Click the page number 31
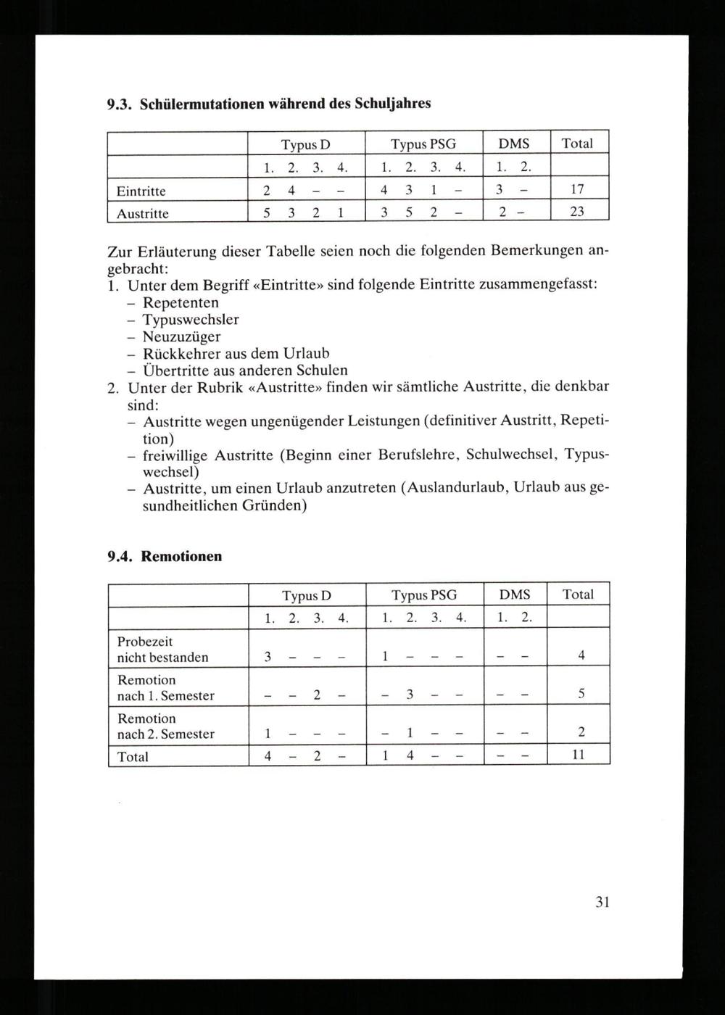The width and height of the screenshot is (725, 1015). (x=602, y=902)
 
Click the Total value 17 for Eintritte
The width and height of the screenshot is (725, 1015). (x=577, y=191)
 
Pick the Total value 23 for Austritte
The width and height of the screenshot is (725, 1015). (x=577, y=213)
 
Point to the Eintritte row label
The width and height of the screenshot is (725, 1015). (x=141, y=191)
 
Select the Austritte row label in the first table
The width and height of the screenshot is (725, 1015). (x=143, y=214)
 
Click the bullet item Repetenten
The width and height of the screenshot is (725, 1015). (x=181, y=302)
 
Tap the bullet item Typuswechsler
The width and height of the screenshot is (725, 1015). (x=191, y=320)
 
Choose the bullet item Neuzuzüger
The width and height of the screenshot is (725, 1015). (x=182, y=337)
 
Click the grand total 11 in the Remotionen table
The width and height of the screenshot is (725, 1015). (x=579, y=755)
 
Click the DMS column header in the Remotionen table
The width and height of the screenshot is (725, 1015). (x=515, y=594)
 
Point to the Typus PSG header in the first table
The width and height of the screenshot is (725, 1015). (x=423, y=144)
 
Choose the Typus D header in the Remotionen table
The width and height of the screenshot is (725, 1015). (x=307, y=595)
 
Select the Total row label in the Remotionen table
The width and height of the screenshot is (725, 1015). (x=133, y=756)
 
